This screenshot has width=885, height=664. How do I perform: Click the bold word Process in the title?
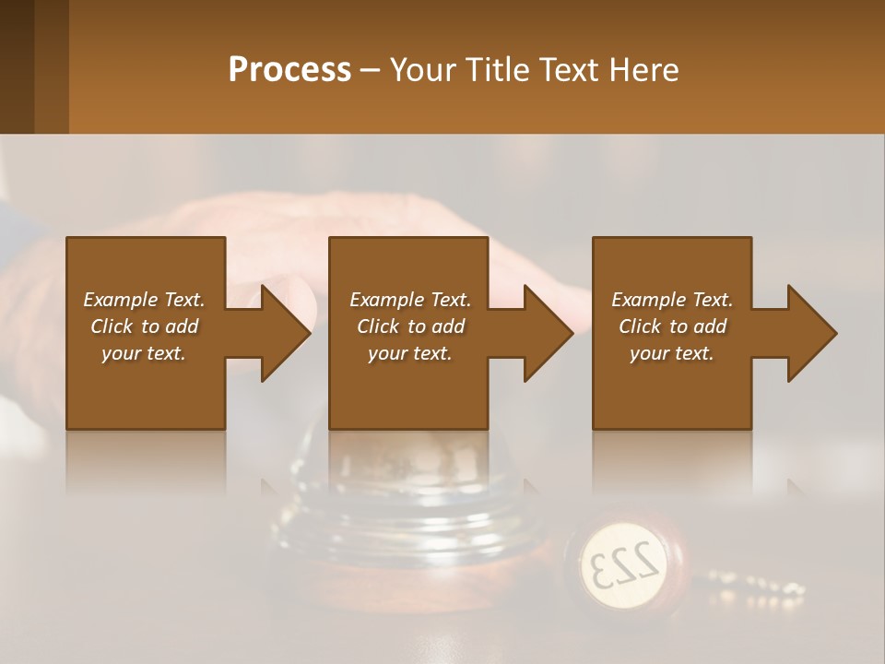click(289, 70)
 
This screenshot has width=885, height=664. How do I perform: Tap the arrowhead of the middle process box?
click(547, 333)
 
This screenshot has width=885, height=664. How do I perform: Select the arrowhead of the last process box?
click(810, 333)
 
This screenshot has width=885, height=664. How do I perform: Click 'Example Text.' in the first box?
click(144, 300)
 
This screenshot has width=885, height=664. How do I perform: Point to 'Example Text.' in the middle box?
click(410, 300)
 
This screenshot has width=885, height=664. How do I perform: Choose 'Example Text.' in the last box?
click(672, 300)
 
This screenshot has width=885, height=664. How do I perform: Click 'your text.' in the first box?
click(144, 353)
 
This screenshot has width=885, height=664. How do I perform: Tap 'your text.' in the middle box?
click(410, 353)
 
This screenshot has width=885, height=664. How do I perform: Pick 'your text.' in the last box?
click(672, 353)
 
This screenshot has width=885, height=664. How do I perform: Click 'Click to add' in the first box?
click(144, 326)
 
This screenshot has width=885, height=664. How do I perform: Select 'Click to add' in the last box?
click(672, 326)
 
